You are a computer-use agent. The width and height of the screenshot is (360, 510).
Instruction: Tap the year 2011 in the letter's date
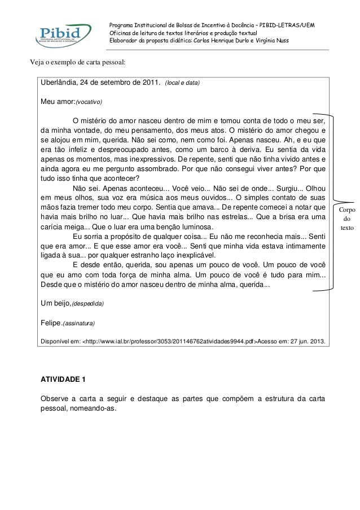[x=142, y=83]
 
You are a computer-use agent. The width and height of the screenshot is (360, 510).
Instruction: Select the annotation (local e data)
[x=182, y=84]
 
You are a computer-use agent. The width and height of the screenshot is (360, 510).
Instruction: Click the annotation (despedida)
[x=87, y=304]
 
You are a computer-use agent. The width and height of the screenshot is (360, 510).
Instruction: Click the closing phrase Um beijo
[x=55, y=303]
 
